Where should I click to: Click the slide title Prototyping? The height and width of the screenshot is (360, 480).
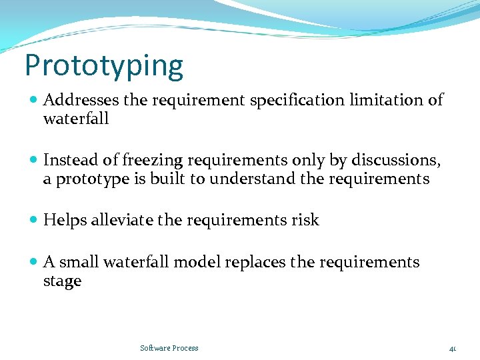(x=103, y=66)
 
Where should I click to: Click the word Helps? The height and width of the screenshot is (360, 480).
(x=64, y=221)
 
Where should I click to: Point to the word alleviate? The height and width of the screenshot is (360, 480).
(x=123, y=221)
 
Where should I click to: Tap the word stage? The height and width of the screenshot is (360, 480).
(x=62, y=281)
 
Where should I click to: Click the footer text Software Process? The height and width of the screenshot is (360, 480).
(x=169, y=348)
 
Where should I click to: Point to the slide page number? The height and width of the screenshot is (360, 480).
(x=452, y=348)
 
